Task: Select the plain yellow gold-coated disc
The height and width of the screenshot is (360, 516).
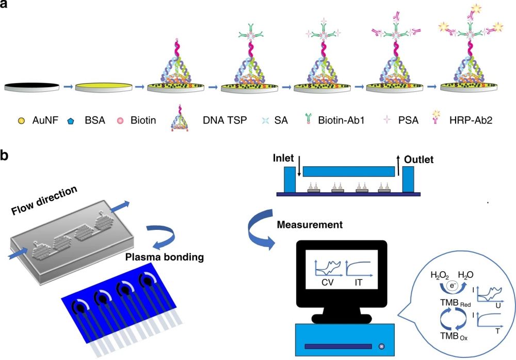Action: click(x=102, y=87)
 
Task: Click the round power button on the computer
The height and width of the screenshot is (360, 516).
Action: click(x=382, y=346)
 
